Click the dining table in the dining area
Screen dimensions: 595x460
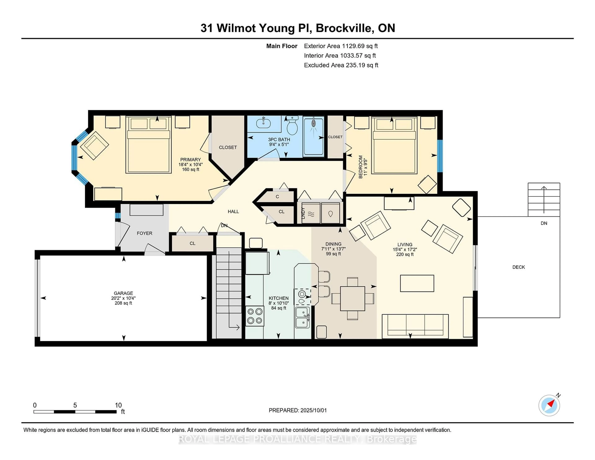(353, 298)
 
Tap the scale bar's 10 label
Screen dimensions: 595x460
(118, 405)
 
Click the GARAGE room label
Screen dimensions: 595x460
(123, 293)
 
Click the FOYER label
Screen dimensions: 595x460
(144, 233)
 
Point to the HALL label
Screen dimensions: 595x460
(233, 211)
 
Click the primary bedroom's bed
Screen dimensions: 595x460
(148, 145)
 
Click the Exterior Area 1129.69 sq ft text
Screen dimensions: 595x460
(341, 46)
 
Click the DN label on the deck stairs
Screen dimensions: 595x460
(544, 223)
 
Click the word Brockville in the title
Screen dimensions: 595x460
(344, 28)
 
